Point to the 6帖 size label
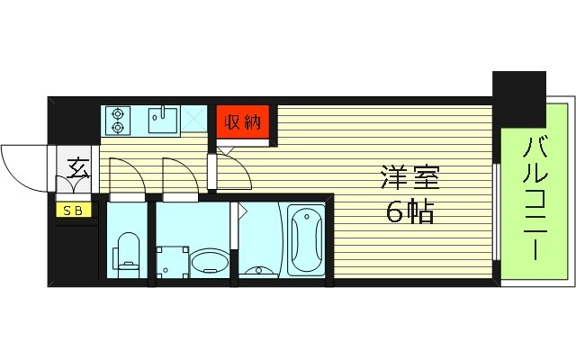pyautogui.click(x=409, y=212)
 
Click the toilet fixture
pyautogui.click(x=128, y=252)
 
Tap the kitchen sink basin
pyautogui.click(x=162, y=119)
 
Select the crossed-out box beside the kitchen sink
pyautogui.click(x=194, y=118)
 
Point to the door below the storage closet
pyautogui.click(x=232, y=171)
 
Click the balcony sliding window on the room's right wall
pyautogui.click(x=498, y=207)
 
